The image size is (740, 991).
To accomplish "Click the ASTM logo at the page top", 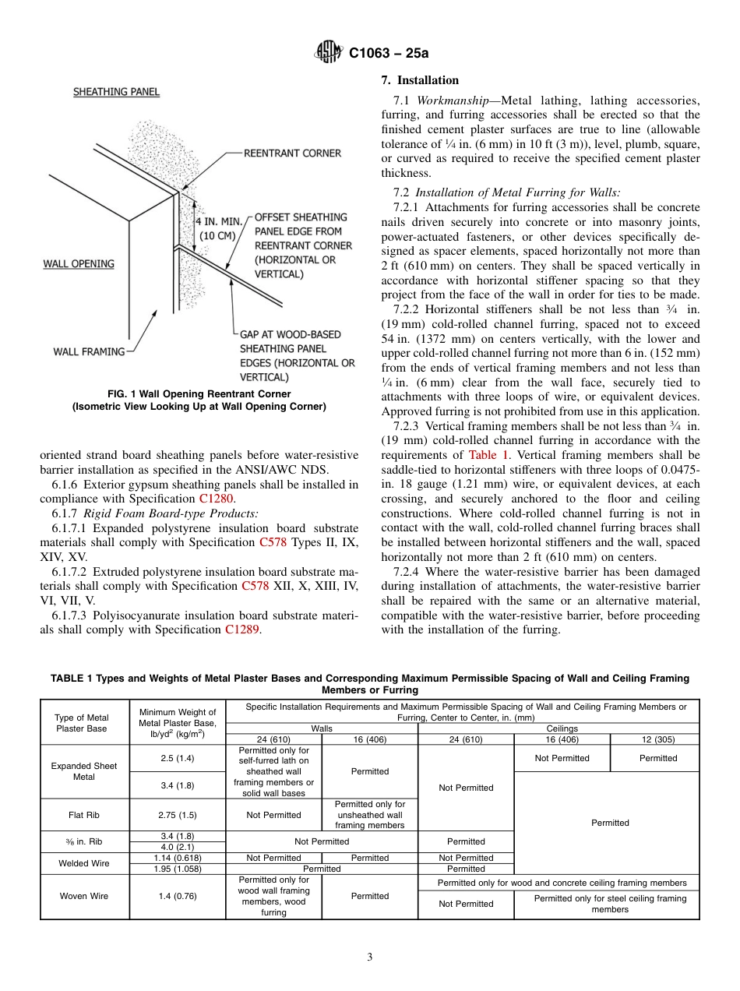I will [328, 52].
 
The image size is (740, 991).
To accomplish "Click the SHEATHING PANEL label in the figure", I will [116, 92].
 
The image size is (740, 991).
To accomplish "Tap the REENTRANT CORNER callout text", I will [292, 153].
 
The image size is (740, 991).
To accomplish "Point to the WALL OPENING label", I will [78, 264].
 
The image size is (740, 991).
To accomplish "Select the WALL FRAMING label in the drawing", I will [89, 351].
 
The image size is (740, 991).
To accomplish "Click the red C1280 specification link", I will [215, 499].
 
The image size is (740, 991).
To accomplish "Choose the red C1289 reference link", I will [242, 630].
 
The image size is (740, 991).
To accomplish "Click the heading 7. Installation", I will [420, 80].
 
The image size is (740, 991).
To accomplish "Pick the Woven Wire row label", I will [84, 896].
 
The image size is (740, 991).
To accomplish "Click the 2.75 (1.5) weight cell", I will [178, 815].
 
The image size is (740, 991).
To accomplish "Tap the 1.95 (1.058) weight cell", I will [178, 869].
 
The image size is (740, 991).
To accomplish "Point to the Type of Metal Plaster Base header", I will [82, 723].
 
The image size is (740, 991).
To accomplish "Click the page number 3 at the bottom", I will [370, 957].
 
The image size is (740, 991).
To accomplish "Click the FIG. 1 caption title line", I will [199, 393].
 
